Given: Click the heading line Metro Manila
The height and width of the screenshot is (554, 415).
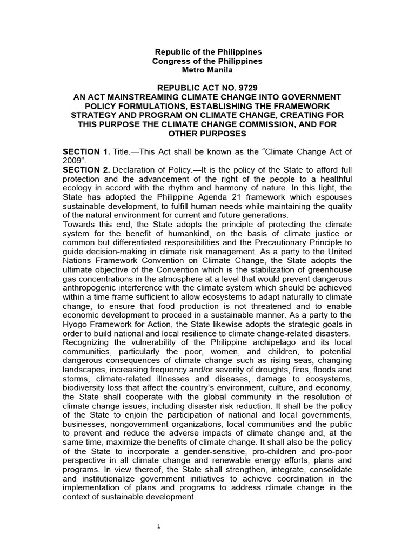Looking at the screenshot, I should (x=209, y=71).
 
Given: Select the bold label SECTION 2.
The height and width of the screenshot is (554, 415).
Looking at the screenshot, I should (x=85, y=170).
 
